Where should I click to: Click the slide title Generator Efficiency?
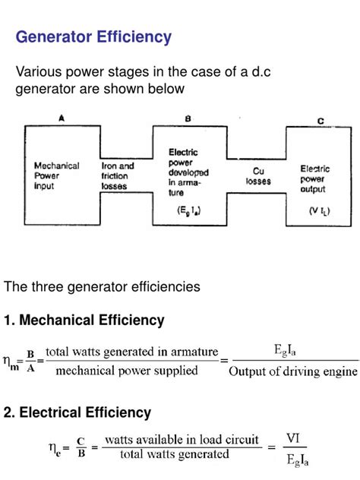(94, 36)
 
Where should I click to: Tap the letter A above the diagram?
(61, 118)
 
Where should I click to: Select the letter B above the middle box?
(188, 118)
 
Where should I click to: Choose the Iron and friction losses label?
(118, 175)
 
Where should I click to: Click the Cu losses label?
(254, 176)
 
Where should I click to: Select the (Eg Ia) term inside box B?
(187, 210)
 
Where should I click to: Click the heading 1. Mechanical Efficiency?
(84, 321)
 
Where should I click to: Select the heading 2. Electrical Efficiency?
(77, 413)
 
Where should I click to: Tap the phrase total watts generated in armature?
(132, 352)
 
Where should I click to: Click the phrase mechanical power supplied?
(127, 371)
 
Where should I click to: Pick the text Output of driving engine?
(293, 371)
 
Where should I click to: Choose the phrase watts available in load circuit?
(182, 439)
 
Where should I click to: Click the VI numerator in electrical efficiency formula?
(292, 438)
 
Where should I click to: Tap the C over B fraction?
(80, 447)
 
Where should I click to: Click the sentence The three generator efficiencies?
(102, 287)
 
